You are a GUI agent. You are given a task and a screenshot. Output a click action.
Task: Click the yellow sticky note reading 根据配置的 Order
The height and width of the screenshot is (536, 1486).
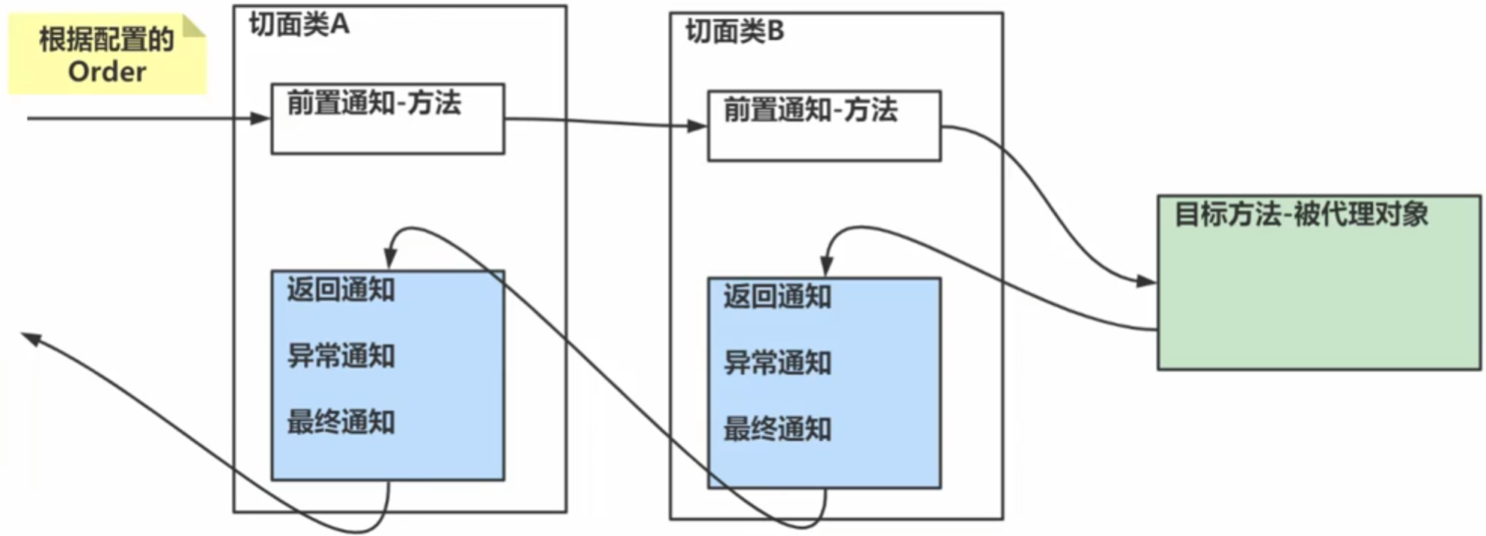(107, 55)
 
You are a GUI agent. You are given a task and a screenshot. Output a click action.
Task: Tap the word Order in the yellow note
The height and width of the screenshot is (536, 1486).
(107, 72)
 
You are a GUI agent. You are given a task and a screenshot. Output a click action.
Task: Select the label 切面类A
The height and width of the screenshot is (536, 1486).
(299, 25)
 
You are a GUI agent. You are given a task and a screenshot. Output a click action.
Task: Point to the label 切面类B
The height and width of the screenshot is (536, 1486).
(734, 32)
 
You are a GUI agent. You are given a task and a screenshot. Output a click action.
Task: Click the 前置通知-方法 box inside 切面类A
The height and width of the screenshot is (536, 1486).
(387, 119)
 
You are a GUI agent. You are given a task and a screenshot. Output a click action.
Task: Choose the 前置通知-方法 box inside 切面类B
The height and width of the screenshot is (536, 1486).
(824, 126)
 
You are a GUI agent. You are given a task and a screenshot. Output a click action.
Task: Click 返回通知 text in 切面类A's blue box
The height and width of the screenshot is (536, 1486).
(341, 290)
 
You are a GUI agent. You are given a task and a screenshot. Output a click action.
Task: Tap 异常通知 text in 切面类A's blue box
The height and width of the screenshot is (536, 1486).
(341, 356)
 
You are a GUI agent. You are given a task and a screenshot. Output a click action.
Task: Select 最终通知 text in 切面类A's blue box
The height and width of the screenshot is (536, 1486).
(341, 422)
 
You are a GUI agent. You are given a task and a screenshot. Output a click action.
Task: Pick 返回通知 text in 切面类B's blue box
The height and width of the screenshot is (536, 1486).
(777, 297)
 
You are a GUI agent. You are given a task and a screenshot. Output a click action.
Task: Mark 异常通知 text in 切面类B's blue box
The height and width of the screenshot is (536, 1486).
(777, 363)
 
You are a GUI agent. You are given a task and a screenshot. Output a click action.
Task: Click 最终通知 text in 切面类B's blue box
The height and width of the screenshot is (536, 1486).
(777, 429)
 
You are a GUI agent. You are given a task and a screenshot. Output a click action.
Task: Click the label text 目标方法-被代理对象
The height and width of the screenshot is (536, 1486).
(1301, 215)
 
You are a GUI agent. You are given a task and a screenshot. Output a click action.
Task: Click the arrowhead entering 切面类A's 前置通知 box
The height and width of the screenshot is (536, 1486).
(260, 118)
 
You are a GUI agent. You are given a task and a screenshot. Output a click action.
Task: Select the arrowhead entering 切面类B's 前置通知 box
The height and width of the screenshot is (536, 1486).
(697, 126)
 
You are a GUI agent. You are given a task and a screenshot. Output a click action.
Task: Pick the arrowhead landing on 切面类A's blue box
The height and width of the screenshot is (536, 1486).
(390, 258)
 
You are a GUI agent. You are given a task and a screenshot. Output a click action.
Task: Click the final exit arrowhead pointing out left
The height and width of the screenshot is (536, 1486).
(31, 338)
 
